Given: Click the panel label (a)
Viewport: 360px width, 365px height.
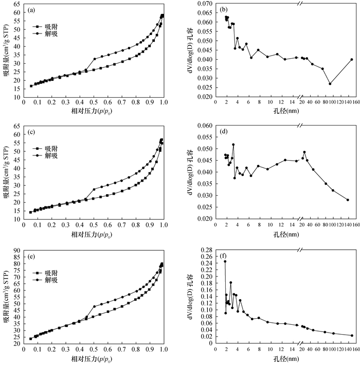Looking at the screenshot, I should pos(32,10).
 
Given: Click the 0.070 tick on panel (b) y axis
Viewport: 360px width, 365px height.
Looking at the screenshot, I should pos(204,4).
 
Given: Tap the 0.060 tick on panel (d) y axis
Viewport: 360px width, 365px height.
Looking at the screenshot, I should pos(204,126).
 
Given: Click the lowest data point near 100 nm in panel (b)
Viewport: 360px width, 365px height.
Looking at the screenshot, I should pos(330,83).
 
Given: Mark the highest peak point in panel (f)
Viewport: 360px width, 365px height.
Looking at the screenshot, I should pos(225,262).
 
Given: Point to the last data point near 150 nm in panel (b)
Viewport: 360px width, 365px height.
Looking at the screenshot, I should pos(352,60).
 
